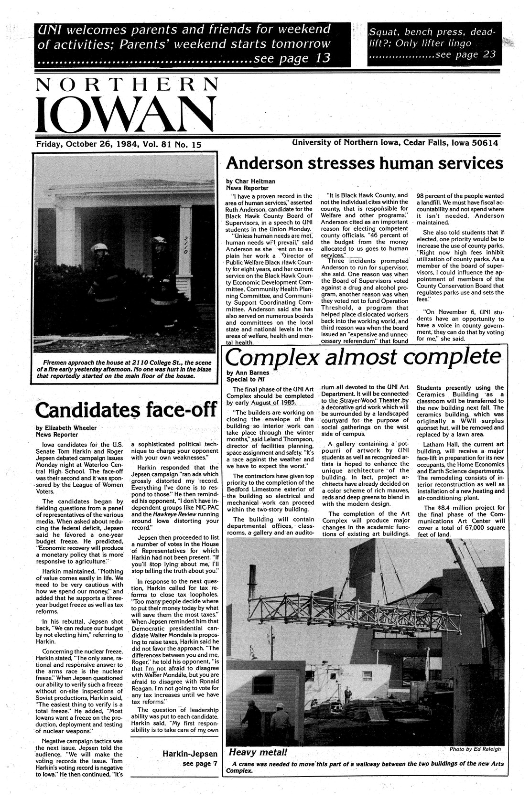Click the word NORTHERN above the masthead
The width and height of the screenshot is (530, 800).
(125, 85)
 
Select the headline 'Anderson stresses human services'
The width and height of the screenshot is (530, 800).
(364, 163)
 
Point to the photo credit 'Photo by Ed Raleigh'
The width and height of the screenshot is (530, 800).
(475, 749)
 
